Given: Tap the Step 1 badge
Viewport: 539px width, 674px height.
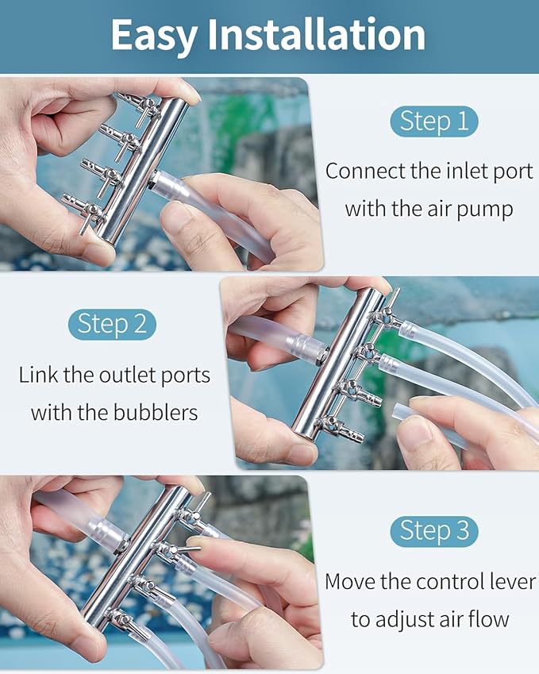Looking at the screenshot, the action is coord(434,121).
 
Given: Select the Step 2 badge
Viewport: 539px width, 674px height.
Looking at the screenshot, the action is coord(112,324).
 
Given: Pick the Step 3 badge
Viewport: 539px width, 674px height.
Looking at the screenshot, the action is coord(434,531).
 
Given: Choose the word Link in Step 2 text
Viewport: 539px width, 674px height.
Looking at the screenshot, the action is coord(38,375).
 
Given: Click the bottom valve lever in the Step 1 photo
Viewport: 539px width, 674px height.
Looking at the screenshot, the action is coord(85,223).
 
